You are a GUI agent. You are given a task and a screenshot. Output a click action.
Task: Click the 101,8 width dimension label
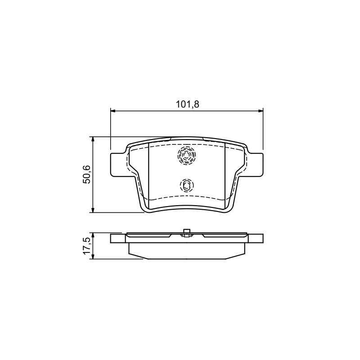pyautogui.click(x=187, y=104)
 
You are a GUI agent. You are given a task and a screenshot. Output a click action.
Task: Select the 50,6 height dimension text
pyautogui.click(x=87, y=174)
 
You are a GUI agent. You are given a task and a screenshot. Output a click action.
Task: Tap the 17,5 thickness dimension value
pyautogui.click(x=87, y=246)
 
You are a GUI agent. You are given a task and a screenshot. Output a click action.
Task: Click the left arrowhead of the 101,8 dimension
pyautogui.click(x=113, y=111)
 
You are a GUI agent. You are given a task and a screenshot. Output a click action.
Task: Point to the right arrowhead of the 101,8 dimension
pyautogui.click(x=261, y=111)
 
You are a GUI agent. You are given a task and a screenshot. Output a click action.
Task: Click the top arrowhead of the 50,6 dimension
pyautogui.click(x=93, y=139)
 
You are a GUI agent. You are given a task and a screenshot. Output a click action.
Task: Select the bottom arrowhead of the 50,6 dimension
pyautogui.click(x=93, y=210)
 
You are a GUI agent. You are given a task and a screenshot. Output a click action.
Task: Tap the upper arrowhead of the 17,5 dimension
pyautogui.click(x=93, y=235)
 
